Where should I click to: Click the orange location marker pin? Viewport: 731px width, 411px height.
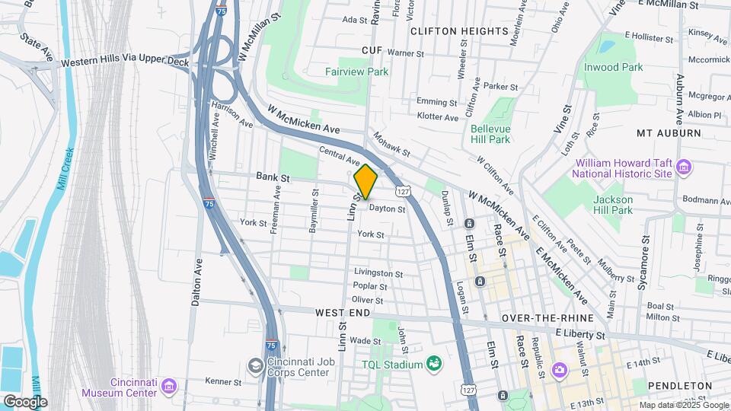pos(366,181)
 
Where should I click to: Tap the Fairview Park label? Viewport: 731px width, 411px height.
pos(356,72)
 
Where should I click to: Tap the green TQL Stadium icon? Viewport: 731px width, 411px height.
pos(433,365)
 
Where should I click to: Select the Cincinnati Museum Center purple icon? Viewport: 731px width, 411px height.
pos(169,387)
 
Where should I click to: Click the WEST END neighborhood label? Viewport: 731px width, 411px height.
pos(343,313)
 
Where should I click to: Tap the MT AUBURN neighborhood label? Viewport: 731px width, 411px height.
pos(668,132)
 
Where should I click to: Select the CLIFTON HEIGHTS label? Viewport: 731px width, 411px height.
pos(458,31)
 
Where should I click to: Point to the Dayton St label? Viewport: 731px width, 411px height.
pos(387,208)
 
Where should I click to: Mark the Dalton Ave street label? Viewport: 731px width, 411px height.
pos(196,282)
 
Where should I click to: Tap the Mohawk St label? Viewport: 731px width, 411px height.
pos(391,145)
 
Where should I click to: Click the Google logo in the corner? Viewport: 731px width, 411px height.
pos(25,401)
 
